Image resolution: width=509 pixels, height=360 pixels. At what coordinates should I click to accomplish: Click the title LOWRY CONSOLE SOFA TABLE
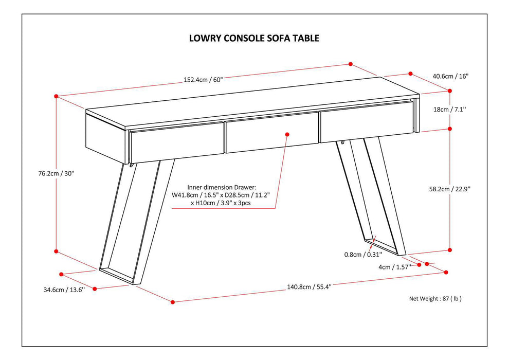click(254, 38)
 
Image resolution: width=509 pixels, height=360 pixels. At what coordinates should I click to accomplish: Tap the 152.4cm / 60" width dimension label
click(203, 80)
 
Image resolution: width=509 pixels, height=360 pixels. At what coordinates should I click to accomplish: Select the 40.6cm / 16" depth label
click(450, 76)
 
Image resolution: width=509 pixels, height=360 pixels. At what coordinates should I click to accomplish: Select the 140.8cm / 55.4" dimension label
click(308, 287)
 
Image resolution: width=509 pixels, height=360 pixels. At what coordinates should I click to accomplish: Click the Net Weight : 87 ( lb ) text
click(435, 298)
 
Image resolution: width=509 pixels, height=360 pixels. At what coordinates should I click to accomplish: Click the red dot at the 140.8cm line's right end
click(447, 273)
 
